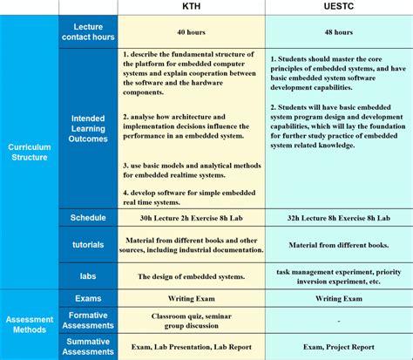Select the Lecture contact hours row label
[x=88, y=33]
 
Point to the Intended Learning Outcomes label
[x=88, y=128]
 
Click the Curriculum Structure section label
[x=30, y=153]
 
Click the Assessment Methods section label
[x=30, y=324]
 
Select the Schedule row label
[x=88, y=217]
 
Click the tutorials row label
[x=88, y=245]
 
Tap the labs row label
[x=88, y=275]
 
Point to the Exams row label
[x=88, y=299]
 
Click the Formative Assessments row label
[x=88, y=321]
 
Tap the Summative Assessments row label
[x=88, y=346]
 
